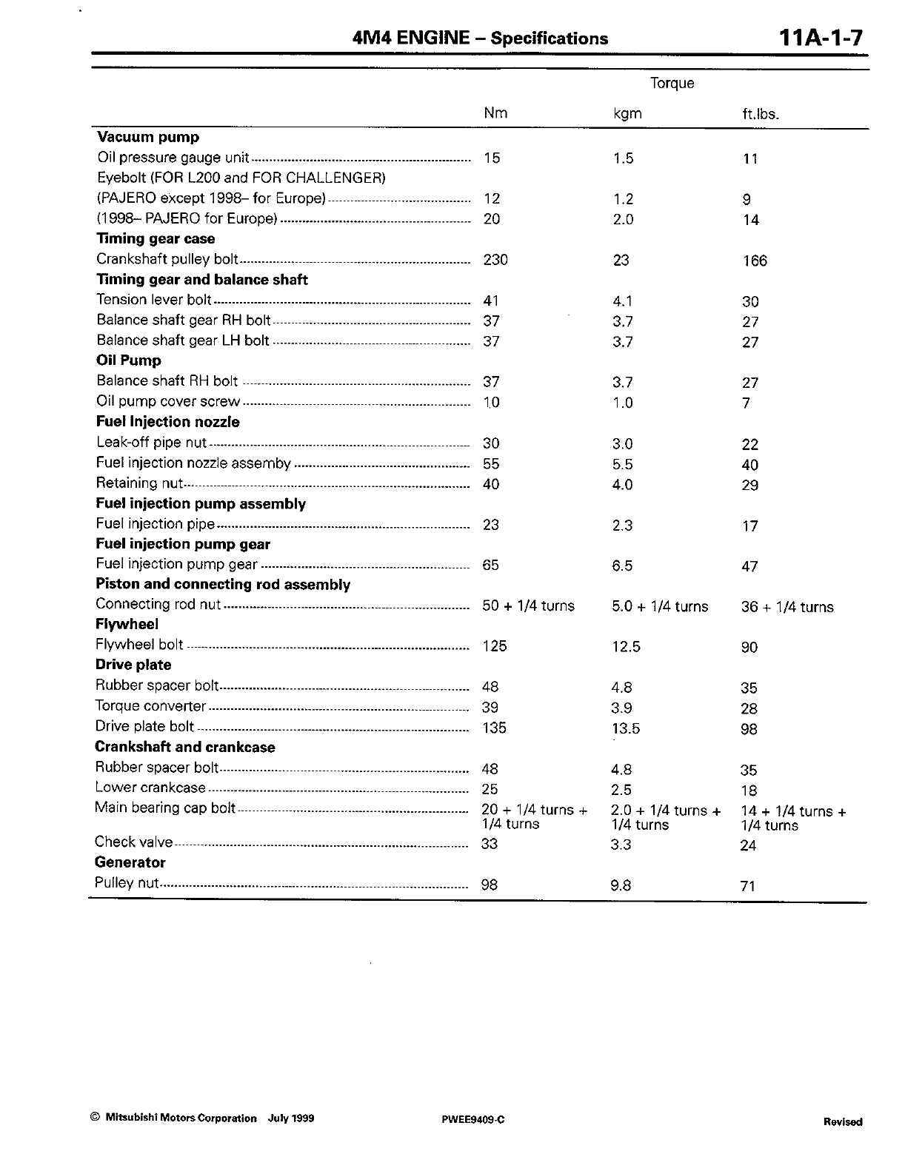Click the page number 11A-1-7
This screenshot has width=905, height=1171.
click(821, 37)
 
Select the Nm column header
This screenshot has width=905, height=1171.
click(495, 113)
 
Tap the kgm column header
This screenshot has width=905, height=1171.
click(627, 114)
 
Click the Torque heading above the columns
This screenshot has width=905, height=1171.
click(672, 83)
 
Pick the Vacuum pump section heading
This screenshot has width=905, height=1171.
click(148, 137)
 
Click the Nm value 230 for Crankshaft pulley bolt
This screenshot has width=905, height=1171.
click(495, 260)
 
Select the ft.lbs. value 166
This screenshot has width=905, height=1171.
click(755, 261)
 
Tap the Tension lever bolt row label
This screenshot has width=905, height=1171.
click(154, 300)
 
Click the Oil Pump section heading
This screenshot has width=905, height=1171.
click(129, 360)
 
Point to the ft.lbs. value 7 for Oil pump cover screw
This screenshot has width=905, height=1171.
click(747, 403)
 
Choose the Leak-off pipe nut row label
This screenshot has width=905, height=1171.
click(151, 443)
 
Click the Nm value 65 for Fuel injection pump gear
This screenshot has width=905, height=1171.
click(490, 566)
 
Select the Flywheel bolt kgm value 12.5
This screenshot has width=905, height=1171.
click(626, 647)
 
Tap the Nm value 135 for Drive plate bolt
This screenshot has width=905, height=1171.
click(494, 728)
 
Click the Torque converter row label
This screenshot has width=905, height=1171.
click(150, 706)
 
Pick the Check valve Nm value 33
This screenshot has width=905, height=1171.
click(490, 844)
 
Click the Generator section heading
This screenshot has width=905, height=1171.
click(130, 862)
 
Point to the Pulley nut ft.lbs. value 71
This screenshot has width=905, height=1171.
click(748, 886)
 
